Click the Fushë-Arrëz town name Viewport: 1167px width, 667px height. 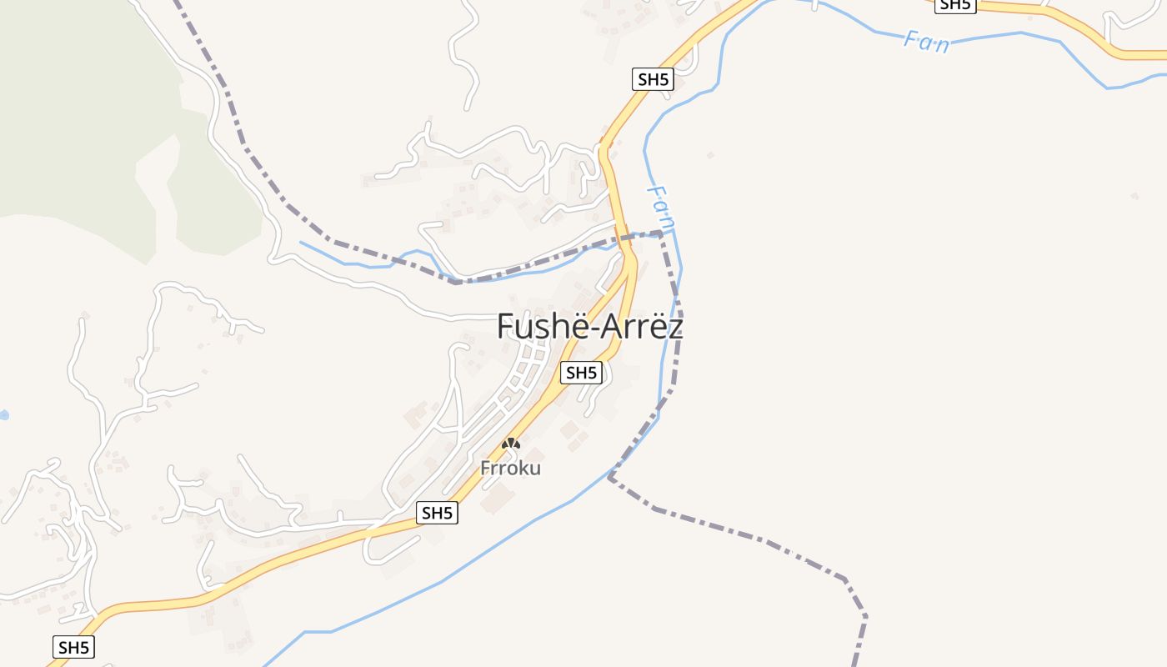click(589, 325)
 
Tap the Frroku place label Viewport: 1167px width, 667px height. click(510, 468)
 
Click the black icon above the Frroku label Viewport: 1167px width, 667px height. click(510, 444)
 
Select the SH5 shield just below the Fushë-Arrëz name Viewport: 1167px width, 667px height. click(580, 373)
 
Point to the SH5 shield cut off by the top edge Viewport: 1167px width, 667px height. click(954, 4)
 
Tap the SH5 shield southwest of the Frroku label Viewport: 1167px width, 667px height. click(437, 513)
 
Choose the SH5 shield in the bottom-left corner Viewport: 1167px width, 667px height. click(73, 646)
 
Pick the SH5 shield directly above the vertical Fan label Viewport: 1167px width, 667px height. click(652, 80)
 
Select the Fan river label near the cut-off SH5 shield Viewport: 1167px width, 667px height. click(926, 41)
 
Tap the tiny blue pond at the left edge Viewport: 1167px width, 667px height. click(3, 414)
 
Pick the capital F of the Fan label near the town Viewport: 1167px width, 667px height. click(656, 192)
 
